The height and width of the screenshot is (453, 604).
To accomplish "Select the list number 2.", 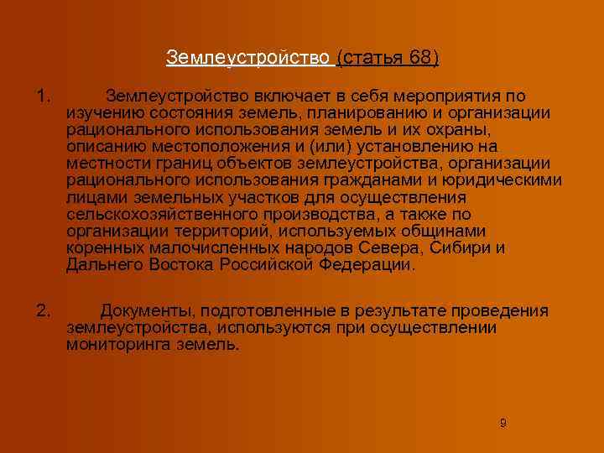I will pyautogui.click(x=44, y=310).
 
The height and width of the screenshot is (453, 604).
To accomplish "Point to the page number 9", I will pyautogui.click(x=502, y=423).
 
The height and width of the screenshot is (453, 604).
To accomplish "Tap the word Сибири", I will pyautogui.click(x=464, y=247).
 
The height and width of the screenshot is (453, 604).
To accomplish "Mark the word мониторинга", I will pyautogui.click(x=113, y=344).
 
